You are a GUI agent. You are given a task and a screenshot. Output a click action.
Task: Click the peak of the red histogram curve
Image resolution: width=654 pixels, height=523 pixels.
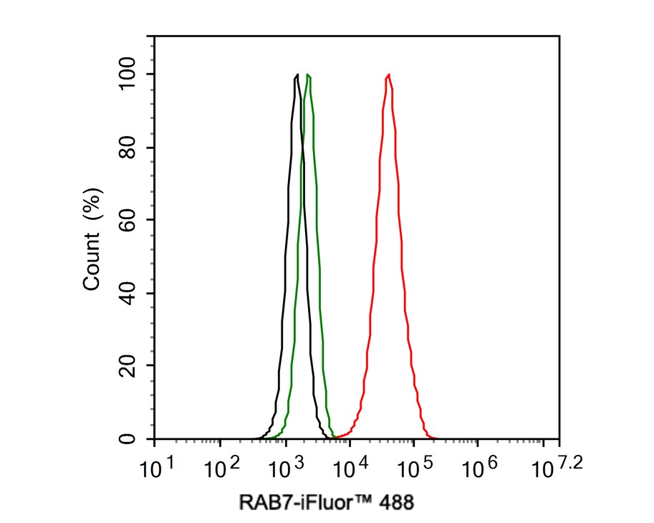pos(388,75)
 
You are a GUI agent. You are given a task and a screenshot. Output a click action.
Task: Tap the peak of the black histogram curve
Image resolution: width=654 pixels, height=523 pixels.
pos(297,75)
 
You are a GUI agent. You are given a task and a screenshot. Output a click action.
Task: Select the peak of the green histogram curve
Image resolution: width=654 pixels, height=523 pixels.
pos(307,75)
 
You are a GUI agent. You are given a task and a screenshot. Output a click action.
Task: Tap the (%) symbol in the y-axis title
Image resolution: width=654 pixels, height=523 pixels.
pos(92,206)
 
